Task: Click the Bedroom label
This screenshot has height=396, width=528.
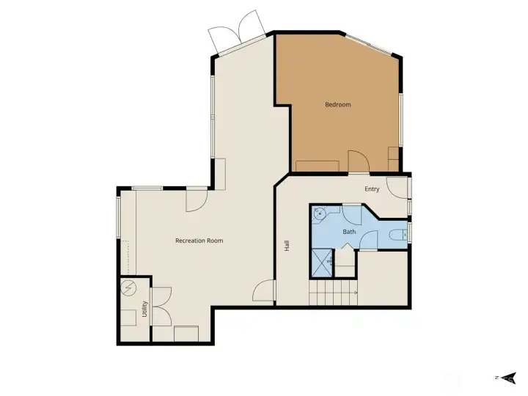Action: coord(338,105)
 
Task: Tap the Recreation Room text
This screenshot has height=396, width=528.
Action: coord(199,241)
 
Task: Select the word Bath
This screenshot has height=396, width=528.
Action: coord(350,232)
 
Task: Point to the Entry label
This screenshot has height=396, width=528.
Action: coord(372,189)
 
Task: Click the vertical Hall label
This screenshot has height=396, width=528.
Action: coord(286,246)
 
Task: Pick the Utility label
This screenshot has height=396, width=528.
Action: coord(145,310)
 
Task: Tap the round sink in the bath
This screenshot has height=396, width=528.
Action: coord(319,213)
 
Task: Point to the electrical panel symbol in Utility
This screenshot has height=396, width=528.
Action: coord(129,288)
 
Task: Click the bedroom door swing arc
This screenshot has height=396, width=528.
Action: coord(356,161)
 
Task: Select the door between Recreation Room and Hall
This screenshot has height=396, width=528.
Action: coord(263,290)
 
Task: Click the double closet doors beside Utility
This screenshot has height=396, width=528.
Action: coord(162,306)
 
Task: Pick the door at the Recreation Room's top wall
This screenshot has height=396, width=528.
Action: coord(196,199)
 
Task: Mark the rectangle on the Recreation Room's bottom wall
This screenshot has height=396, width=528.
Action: coord(186,334)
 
